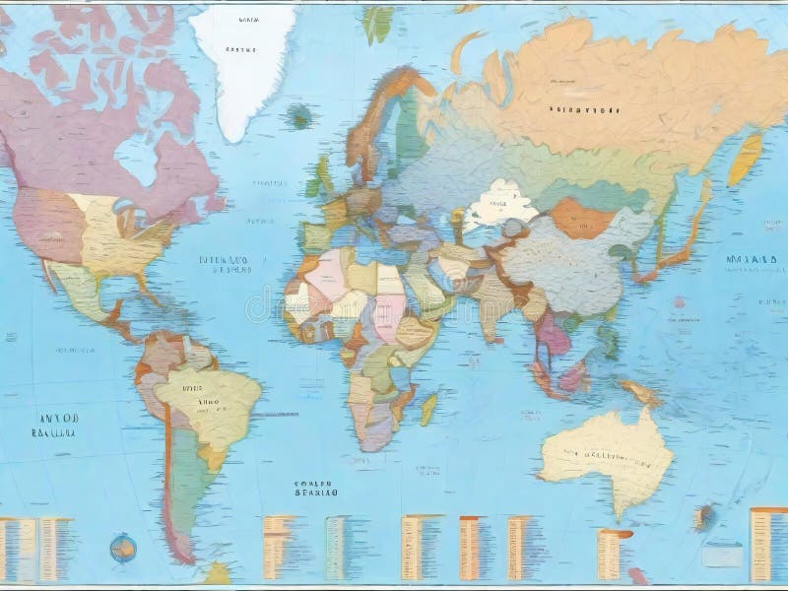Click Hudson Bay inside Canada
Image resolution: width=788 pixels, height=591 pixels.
(138, 158)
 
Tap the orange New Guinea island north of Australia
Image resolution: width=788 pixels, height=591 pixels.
(640, 392)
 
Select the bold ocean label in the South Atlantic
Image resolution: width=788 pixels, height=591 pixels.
(316, 490)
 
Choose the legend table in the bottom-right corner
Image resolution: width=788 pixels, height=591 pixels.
(767, 542)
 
